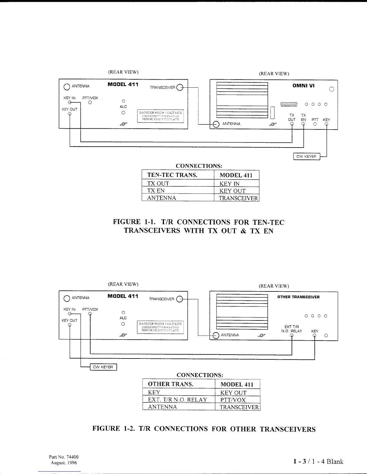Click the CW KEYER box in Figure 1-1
point(306,157)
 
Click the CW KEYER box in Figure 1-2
point(103,367)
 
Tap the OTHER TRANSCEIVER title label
point(298,297)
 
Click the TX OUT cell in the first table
point(158,183)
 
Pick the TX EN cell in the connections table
point(156,191)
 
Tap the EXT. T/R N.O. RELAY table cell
point(178,400)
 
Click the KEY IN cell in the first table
point(229,183)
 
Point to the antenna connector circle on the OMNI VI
point(216,124)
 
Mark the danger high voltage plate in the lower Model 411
point(160,327)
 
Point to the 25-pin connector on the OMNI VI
point(288,104)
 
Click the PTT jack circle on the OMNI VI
point(315,124)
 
